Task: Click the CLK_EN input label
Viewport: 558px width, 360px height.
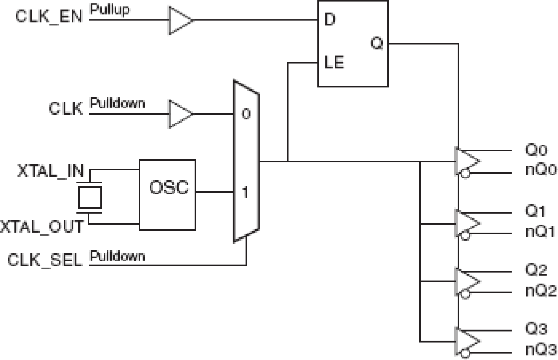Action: pyautogui.click(x=49, y=18)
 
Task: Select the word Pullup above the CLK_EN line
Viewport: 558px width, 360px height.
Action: pyautogui.click(x=110, y=10)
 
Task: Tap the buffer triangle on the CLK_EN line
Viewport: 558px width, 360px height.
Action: pyautogui.click(x=179, y=20)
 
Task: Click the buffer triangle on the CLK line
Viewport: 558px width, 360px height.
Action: pyautogui.click(x=179, y=115)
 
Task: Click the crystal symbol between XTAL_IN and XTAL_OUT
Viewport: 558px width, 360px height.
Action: pyautogui.click(x=90, y=198)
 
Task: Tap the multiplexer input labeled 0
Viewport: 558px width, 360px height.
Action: pyautogui.click(x=246, y=115)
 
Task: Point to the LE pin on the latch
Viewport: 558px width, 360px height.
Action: pyautogui.click(x=334, y=63)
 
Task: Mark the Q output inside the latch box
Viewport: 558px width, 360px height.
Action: pyautogui.click(x=376, y=44)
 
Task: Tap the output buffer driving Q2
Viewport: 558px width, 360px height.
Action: pyautogui.click(x=467, y=281)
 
